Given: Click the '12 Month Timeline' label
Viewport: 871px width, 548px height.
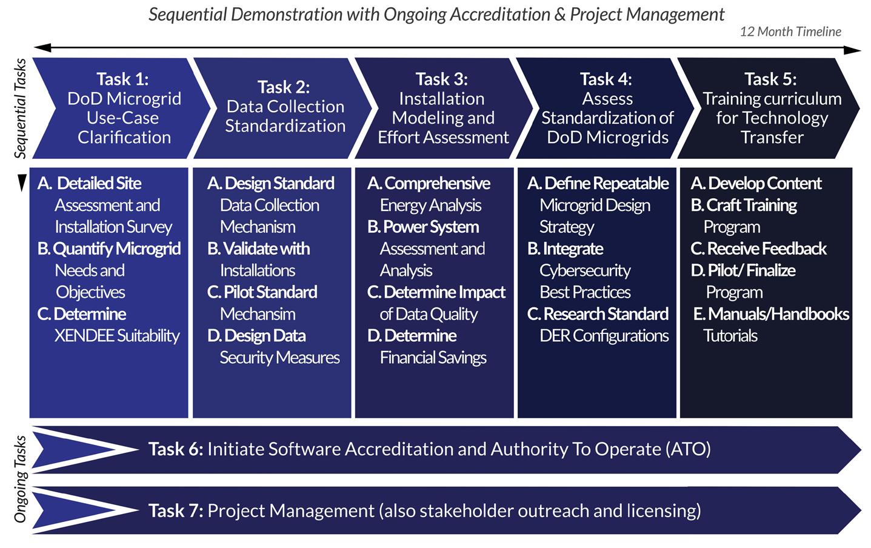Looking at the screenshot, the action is click(x=790, y=32).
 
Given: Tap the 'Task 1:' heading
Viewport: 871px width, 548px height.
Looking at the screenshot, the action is click(x=122, y=79).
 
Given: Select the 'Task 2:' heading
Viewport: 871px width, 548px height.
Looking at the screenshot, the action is click(x=283, y=87).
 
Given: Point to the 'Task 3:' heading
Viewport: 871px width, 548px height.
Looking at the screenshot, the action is click(x=441, y=79).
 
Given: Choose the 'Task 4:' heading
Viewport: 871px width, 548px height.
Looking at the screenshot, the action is click(x=606, y=79).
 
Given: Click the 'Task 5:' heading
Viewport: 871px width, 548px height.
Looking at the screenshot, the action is click(x=770, y=79).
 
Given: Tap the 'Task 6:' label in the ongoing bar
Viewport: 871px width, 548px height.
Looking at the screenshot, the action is click(x=176, y=449).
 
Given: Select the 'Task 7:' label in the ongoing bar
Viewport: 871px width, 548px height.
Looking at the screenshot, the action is click(x=176, y=511).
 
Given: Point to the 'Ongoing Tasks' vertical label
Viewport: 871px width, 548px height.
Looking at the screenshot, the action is click(x=20, y=479).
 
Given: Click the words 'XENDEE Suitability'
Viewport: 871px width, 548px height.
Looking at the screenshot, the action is click(x=117, y=336).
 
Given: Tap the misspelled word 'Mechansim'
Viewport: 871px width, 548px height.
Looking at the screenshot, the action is click(x=258, y=314).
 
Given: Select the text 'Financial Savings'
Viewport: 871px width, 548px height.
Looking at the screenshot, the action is click(x=433, y=358).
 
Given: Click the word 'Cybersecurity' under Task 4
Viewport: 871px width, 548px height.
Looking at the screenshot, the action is click(x=585, y=270).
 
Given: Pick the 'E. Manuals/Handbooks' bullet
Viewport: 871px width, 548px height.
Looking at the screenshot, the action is click(x=771, y=314).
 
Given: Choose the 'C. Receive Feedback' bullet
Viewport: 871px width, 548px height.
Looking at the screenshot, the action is click(x=758, y=249).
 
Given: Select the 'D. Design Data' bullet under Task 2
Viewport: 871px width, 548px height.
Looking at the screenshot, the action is click(x=256, y=336).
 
